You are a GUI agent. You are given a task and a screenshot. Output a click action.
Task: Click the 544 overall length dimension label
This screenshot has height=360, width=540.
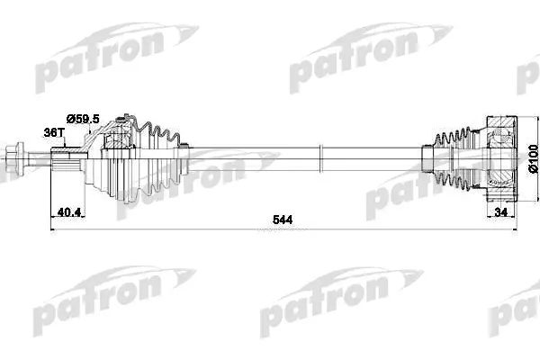pos(283,220)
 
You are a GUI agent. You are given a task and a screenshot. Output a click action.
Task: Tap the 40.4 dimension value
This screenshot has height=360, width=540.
pos(69,212)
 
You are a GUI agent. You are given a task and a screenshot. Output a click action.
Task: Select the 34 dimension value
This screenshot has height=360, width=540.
pos(500,212)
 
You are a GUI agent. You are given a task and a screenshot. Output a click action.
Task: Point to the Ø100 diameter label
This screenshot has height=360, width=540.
pos(533,158)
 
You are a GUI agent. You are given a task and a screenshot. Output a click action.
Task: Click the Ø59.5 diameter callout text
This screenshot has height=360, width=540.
pos(83,119)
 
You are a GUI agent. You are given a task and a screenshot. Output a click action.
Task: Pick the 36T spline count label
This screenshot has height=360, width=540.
pos(54,132)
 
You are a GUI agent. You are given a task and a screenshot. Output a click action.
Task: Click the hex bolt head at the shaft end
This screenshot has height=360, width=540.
pos(15,158)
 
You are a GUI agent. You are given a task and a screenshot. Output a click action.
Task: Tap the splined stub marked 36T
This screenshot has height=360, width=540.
pos(66,158)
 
